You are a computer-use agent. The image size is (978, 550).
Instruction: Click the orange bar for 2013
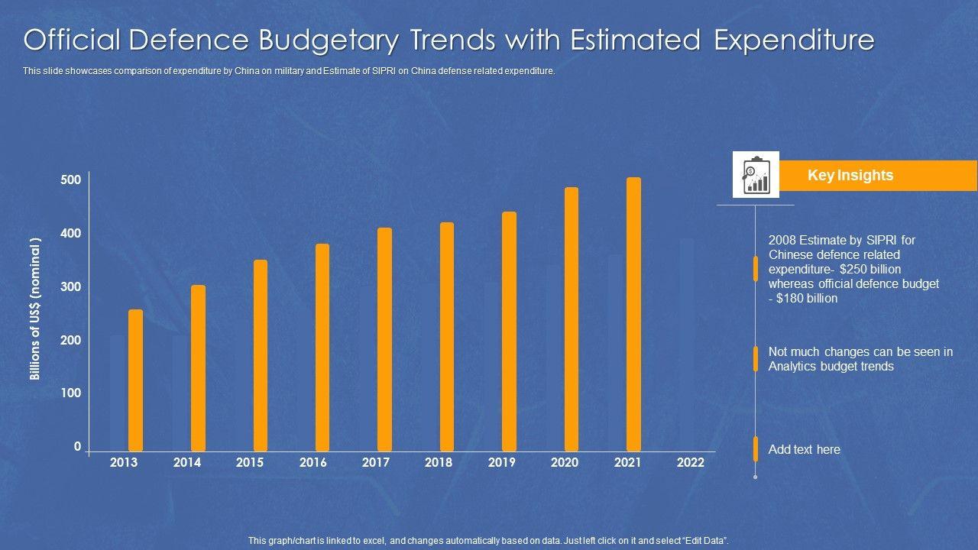(135, 380)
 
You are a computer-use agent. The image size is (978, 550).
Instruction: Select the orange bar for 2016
(322, 347)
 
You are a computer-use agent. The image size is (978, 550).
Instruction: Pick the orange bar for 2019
(509, 331)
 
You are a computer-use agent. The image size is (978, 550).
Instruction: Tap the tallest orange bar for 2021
(633, 314)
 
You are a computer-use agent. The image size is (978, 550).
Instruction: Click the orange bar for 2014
(198, 367)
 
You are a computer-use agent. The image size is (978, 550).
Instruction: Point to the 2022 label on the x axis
(690, 462)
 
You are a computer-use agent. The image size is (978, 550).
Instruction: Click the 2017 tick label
(376, 462)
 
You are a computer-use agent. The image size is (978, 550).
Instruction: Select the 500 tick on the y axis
(70, 180)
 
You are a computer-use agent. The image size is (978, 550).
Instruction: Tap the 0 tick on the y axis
(77, 447)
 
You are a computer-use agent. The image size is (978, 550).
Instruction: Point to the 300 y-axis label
(70, 287)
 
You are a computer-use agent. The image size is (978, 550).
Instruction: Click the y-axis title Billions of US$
(34, 309)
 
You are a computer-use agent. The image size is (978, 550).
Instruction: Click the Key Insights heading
(850, 176)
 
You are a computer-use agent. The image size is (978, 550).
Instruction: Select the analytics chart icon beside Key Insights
(756, 175)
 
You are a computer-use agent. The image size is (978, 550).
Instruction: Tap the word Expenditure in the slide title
(795, 40)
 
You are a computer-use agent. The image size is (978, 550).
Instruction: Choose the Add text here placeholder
(804, 449)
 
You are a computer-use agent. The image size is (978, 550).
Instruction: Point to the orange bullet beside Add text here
(756, 449)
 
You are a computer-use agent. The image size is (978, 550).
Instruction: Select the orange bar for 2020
(572, 319)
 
